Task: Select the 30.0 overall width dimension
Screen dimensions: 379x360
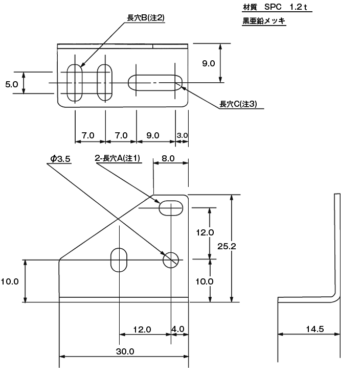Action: (x=125, y=352)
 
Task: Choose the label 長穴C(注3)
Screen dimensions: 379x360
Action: (x=238, y=104)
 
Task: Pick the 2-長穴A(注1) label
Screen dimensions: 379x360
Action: (x=118, y=159)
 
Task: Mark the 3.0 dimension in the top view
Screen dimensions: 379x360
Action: (x=183, y=135)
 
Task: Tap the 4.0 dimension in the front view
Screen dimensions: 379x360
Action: (x=178, y=329)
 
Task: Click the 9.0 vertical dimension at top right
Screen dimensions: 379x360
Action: (x=208, y=64)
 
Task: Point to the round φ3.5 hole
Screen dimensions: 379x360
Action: (x=171, y=259)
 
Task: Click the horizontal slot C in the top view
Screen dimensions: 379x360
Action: (x=155, y=83)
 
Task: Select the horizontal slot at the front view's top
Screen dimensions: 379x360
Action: (x=171, y=208)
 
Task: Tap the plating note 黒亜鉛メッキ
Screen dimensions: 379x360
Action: (x=264, y=22)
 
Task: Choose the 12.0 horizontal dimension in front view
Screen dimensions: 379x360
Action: (x=142, y=329)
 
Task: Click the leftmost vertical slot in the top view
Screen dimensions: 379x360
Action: (x=75, y=83)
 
